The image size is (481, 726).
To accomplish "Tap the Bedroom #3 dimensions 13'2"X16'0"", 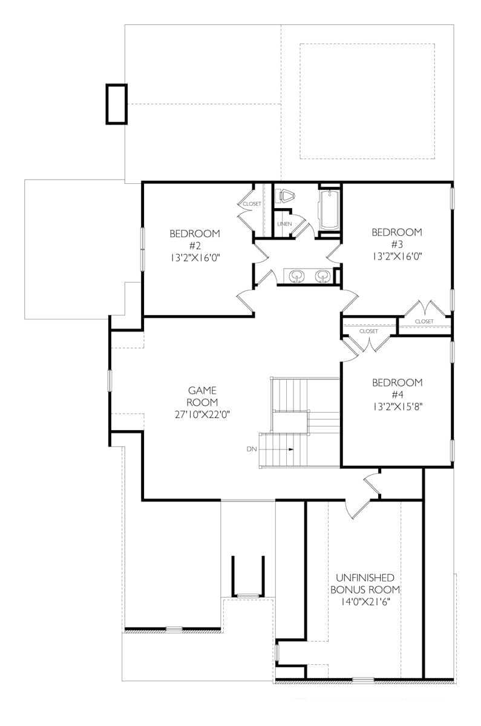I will [x=396, y=256].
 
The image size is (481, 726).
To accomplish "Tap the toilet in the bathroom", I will [x=286, y=197].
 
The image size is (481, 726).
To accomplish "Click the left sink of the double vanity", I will [x=296, y=276].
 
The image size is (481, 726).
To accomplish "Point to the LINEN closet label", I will [x=284, y=224].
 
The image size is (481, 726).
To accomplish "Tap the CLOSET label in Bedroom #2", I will [x=252, y=204].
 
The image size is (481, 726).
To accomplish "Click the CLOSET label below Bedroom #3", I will [x=424, y=321].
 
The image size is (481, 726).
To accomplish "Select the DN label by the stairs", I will [x=252, y=450].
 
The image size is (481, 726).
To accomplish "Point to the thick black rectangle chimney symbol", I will [x=117, y=104].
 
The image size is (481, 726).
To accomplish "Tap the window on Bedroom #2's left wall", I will [x=143, y=248].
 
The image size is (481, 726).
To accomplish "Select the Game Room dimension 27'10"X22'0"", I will [x=201, y=414].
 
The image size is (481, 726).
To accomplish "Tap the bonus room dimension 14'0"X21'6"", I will [x=365, y=603].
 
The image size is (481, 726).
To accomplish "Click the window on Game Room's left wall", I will [x=110, y=381].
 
